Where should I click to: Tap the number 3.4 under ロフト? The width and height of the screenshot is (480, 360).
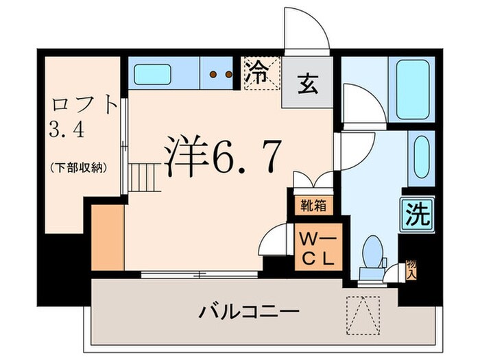pos(67,130)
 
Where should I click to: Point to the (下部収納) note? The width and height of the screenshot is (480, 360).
pos(77,167)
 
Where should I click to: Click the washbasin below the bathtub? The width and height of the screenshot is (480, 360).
pos(420,156)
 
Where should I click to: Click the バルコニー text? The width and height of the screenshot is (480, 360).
pos(249,313)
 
